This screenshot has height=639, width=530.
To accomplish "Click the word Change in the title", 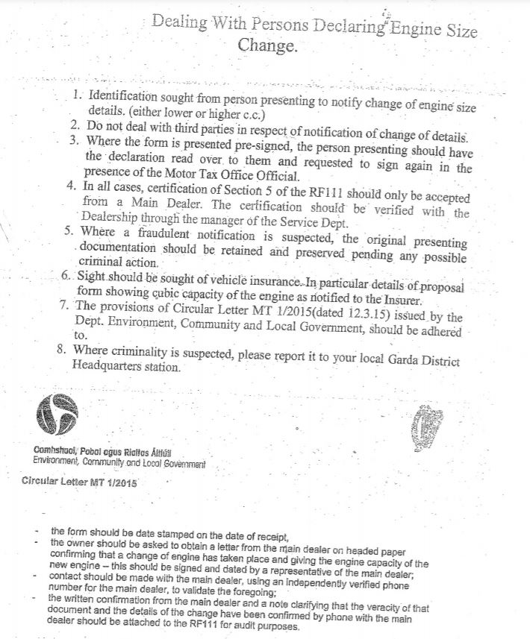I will point(266,45).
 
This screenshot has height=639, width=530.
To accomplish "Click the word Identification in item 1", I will point(124,98).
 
